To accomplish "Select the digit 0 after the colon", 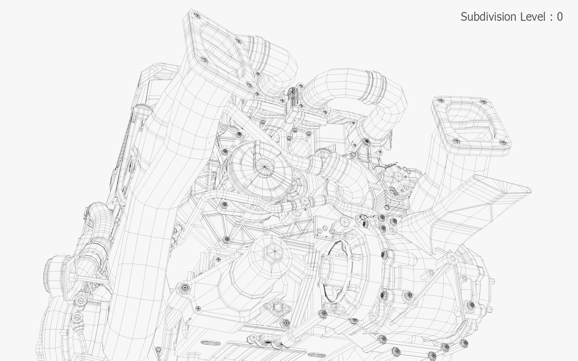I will (560, 17).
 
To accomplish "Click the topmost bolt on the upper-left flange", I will (197, 15).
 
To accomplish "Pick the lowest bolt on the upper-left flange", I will (257, 94).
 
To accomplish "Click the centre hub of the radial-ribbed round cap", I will (265, 166).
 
